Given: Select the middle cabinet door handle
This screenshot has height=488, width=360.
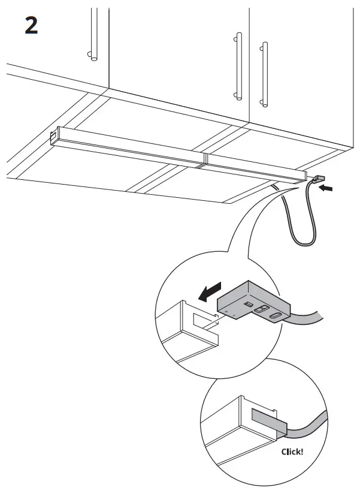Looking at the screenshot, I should pos(238,66).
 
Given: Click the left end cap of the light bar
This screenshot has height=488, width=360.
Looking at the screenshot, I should pos(55,137).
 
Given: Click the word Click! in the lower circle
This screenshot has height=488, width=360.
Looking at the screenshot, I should pos(292,451).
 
